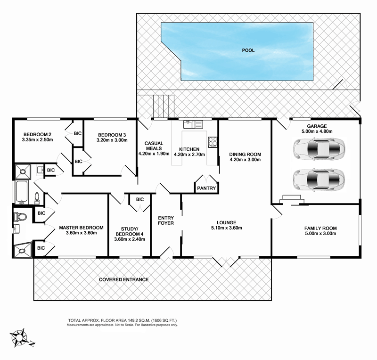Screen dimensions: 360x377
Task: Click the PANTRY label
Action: (x=207, y=188)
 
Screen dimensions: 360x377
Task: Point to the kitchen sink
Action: (x=193, y=124)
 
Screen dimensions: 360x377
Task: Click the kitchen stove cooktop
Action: (x=212, y=141)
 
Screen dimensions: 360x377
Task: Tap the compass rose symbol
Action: (x=20, y=336)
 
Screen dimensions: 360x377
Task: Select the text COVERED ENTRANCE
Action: (x=123, y=279)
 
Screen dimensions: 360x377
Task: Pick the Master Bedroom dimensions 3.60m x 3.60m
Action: (x=78, y=232)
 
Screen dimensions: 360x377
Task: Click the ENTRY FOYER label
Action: (x=166, y=221)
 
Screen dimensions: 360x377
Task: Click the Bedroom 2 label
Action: (x=36, y=134)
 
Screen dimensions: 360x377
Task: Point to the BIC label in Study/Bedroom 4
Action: (x=139, y=199)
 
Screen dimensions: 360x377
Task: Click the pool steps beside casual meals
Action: (x=160, y=102)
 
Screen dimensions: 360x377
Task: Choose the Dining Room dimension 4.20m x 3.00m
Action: (x=245, y=160)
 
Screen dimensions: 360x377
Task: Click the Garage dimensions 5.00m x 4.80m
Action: (x=317, y=132)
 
